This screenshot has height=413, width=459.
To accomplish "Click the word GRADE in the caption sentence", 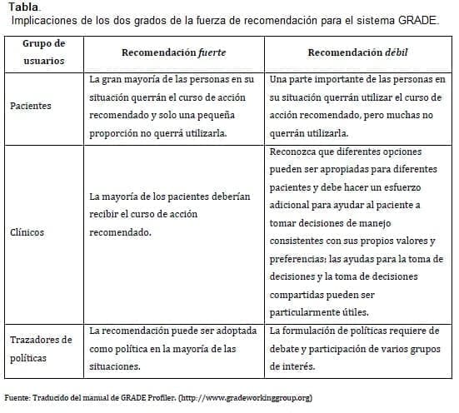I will coord(417,20).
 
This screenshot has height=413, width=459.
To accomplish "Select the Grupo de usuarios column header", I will coord(42,52).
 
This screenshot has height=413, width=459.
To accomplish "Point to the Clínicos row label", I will coord(27,232).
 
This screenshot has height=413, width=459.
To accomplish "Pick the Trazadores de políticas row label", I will coord(42,349).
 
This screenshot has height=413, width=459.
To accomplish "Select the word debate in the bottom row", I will coord(288,347).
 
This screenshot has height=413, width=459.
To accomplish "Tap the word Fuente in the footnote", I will coord(18,397).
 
